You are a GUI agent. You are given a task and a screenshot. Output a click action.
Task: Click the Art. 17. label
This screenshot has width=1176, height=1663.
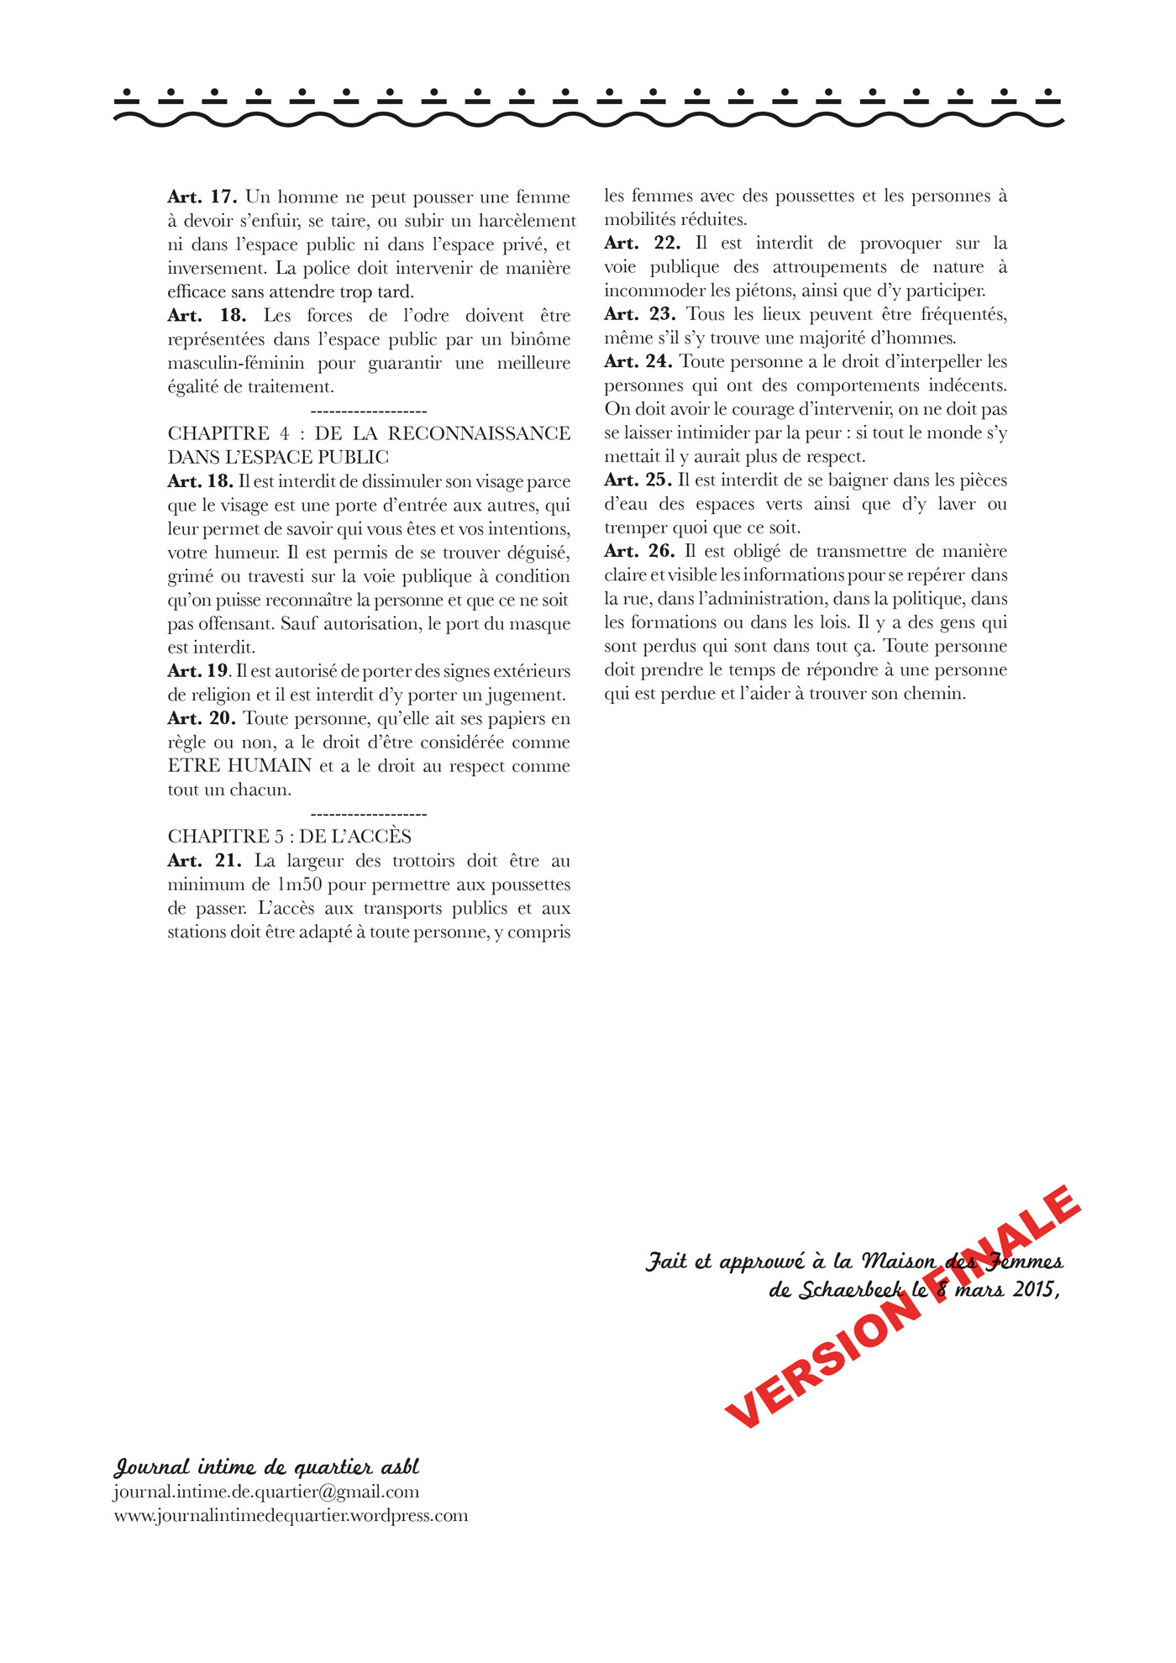[202, 197]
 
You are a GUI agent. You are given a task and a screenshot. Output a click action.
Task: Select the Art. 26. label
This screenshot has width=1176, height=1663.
[639, 552]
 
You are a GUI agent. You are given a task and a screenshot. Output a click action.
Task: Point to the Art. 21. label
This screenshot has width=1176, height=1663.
[204, 861]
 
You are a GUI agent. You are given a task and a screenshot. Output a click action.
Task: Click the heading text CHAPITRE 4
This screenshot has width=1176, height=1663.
[228, 433]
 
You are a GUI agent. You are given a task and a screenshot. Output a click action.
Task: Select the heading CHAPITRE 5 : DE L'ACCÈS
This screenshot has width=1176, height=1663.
[290, 837]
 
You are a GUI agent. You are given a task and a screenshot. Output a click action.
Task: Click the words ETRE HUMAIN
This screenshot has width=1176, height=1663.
[239, 766]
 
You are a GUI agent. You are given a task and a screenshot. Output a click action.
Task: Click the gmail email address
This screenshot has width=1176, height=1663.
[266, 1492]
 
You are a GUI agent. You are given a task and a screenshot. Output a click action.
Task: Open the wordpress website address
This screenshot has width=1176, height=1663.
[291, 1515]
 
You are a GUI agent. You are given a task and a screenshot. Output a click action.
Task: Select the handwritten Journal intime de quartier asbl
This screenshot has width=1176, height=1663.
[266, 1466]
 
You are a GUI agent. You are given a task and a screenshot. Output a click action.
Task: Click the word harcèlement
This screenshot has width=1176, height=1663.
[528, 221]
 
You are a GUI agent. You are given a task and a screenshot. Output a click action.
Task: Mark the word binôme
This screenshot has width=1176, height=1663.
[540, 339]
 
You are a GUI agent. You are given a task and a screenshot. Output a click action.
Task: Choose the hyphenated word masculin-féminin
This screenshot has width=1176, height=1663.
[236, 364]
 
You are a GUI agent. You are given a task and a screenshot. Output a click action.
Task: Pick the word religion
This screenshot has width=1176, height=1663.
[221, 695]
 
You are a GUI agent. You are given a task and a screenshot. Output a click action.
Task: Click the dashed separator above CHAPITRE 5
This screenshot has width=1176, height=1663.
[369, 814]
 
